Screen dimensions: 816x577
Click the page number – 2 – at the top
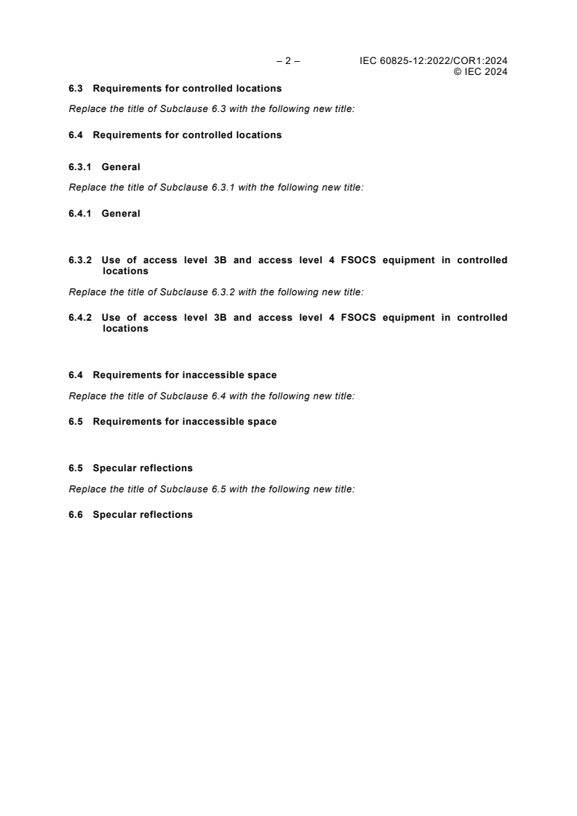point(288,61)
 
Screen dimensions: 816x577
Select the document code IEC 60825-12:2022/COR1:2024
point(434,61)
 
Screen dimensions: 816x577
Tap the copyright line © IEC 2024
point(480,71)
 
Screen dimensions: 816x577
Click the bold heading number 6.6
point(76,515)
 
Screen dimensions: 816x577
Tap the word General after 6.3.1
point(121,167)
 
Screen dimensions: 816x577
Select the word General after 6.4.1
point(121,214)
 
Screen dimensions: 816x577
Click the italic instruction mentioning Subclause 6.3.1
point(215,188)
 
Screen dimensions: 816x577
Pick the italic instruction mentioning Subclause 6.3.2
point(215,292)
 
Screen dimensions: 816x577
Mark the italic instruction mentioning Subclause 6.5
point(211,489)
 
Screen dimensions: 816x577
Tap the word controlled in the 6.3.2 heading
point(482,260)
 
